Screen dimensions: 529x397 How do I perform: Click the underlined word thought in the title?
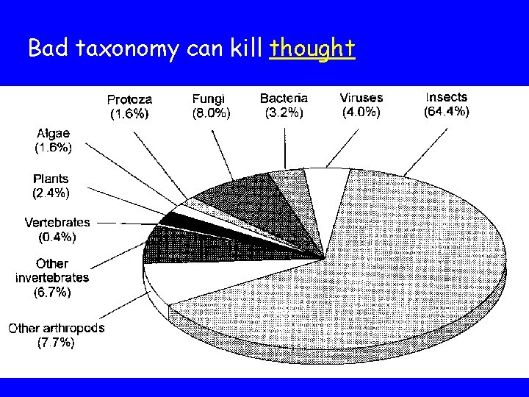pos(312,49)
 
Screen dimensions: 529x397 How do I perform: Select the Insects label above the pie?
pos(446,97)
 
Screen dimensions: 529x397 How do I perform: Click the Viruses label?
pos(361,98)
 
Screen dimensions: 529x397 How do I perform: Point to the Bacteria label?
pos(284,99)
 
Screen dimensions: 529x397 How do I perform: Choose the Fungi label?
pos(209,99)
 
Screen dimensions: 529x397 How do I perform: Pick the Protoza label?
pos(130,99)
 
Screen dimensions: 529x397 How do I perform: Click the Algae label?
pos(54,133)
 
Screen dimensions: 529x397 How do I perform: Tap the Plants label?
pos(51,179)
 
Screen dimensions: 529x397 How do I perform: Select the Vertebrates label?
pos(57,222)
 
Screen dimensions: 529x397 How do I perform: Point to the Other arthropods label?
pos(57,329)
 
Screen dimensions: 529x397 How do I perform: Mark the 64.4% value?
pos(446,112)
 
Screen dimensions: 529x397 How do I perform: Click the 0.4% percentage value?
pos(57,237)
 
